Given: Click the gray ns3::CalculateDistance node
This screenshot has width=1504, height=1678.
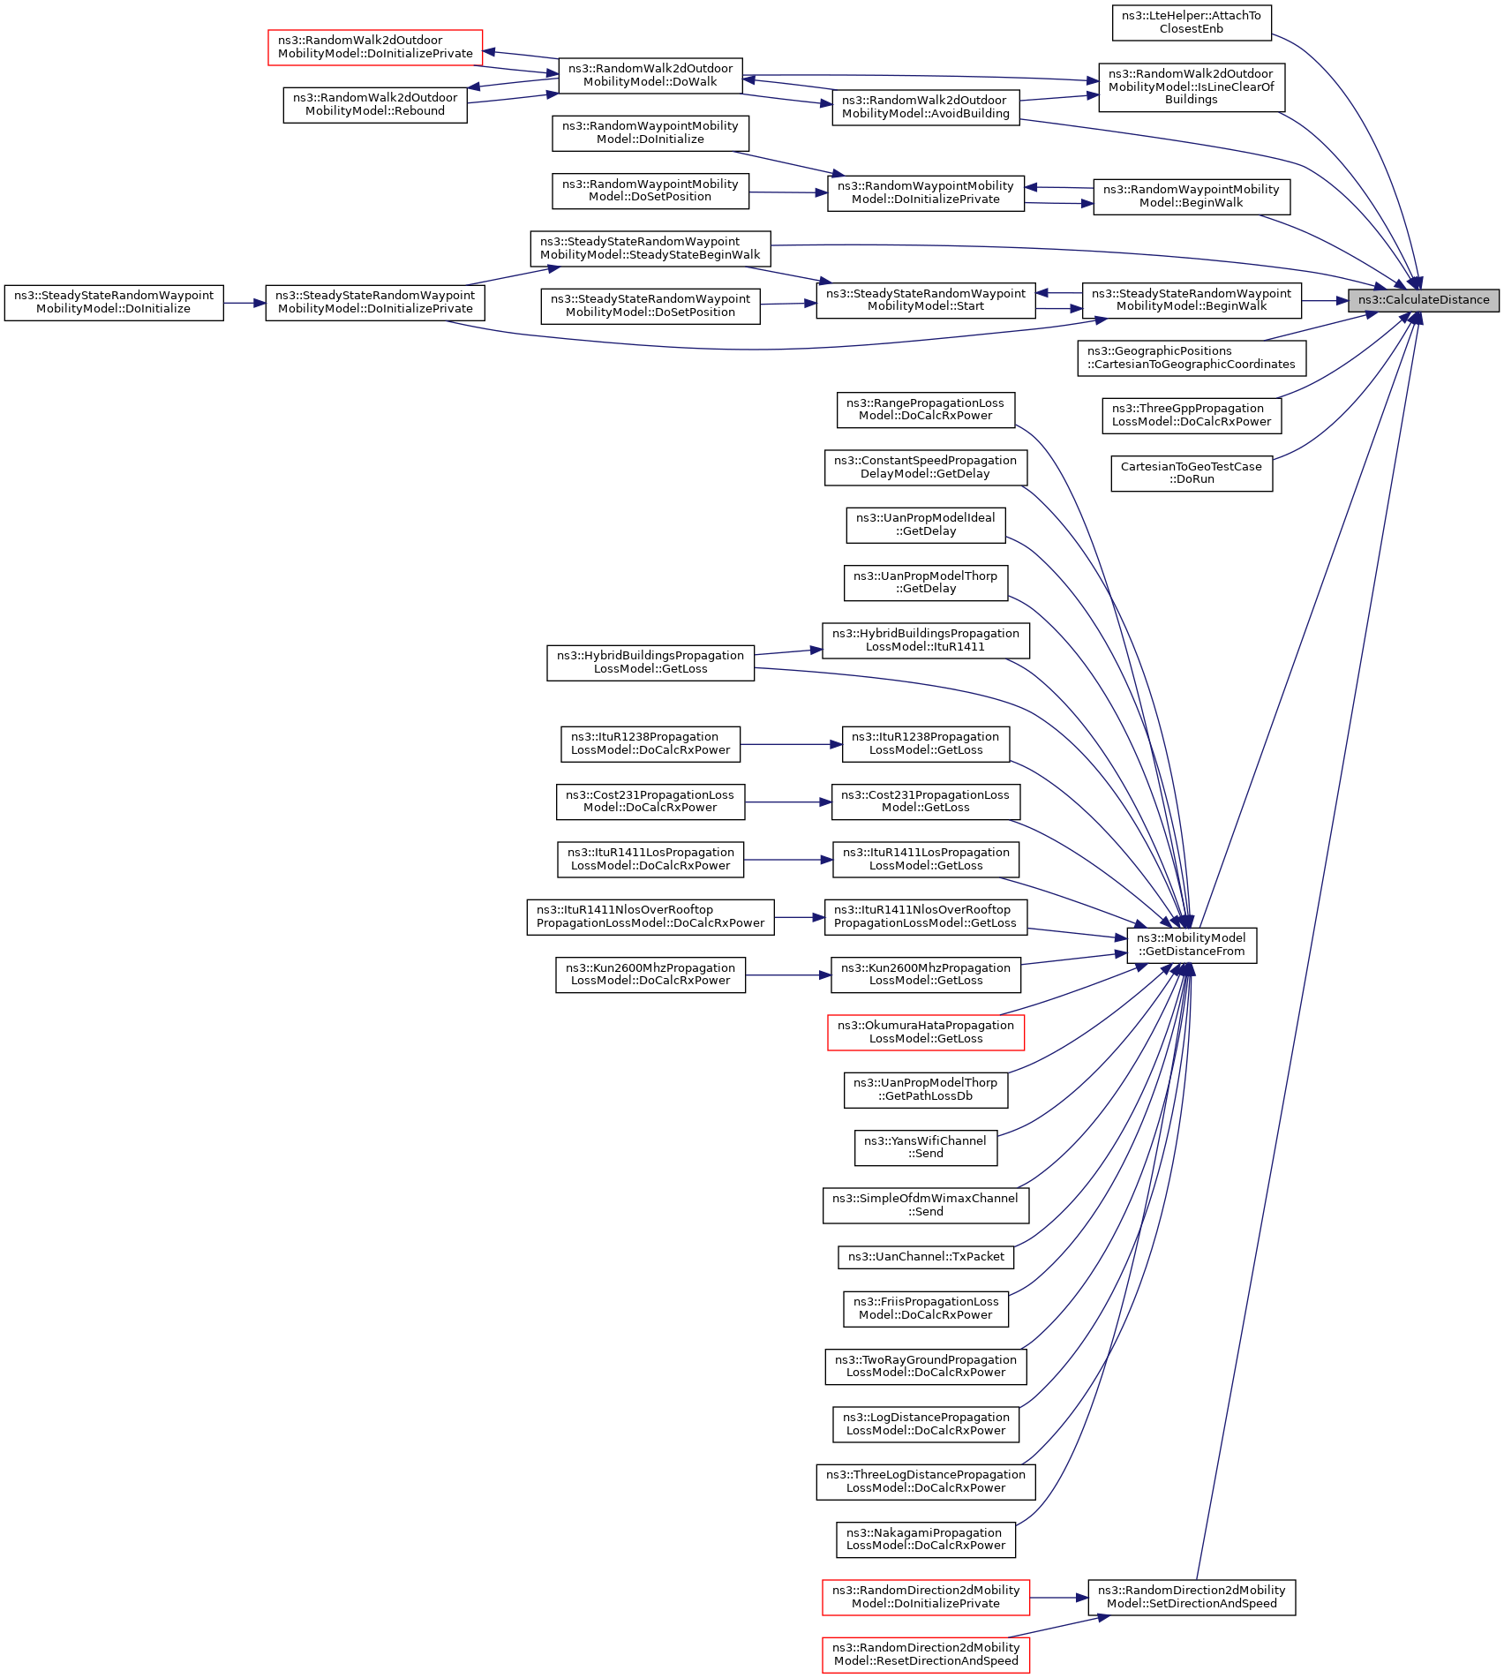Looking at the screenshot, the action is (1424, 300).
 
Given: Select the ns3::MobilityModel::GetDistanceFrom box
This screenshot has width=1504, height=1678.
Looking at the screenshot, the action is (1192, 944).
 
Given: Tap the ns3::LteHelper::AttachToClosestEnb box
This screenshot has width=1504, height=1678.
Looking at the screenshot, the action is (1192, 22).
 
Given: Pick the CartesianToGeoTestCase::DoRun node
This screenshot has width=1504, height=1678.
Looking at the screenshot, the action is (1192, 473).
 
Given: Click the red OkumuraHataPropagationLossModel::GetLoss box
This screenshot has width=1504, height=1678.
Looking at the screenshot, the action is (926, 1032).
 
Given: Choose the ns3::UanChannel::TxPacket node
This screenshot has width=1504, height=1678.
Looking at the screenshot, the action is (926, 1256).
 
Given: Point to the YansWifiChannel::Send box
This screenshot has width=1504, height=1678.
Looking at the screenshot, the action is (926, 1148).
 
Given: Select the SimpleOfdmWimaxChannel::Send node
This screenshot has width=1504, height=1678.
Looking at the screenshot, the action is (926, 1205).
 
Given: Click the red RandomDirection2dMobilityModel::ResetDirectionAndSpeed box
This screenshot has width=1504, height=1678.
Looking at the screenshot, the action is (926, 1654).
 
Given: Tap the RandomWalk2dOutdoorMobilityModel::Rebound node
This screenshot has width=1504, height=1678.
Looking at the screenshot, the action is (375, 105).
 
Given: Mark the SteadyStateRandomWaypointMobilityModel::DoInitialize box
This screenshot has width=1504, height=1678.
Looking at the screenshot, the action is (114, 303).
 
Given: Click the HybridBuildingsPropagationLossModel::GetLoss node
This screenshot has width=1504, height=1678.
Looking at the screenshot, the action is (650, 663).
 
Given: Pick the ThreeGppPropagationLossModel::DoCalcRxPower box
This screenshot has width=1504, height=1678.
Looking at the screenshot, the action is (1192, 416).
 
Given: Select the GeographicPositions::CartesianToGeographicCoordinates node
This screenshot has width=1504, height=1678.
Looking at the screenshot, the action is (1192, 358).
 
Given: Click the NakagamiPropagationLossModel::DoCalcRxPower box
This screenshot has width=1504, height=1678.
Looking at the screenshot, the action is (926, 1539).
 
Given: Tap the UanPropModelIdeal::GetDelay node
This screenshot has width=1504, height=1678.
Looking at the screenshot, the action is (926, 525).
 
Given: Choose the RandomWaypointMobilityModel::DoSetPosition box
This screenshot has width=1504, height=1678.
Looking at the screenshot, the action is (650, 191).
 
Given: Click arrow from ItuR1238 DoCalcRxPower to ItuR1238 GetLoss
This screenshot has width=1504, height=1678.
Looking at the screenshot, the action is (792, 744).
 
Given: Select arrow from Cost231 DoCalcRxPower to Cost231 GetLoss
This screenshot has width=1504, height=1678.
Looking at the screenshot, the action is (788, 802).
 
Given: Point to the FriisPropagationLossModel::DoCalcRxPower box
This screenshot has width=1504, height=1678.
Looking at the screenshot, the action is (926, 1308).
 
